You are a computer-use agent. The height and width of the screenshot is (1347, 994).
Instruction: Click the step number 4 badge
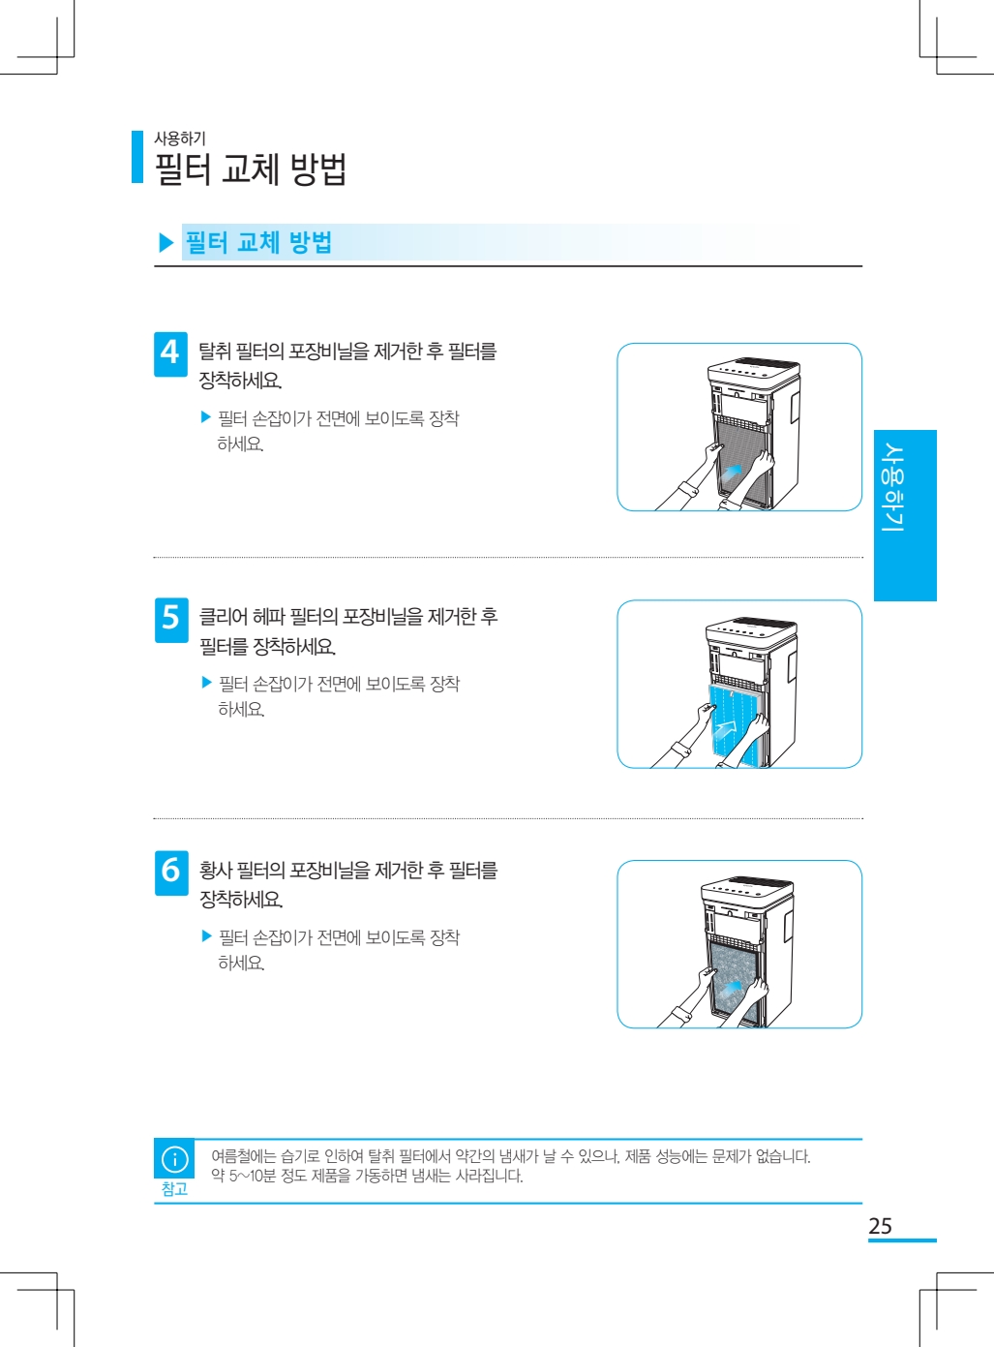pos(170,354)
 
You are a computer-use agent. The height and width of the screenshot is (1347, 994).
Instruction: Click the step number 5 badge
pos(171,620)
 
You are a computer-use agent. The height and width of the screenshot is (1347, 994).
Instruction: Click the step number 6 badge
pos(171,872)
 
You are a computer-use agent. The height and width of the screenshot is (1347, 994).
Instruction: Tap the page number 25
pos(880,1226)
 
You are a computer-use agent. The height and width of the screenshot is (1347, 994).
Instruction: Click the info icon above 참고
pos(174,1159)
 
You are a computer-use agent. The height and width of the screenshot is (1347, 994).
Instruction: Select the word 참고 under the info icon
pos(174,1188)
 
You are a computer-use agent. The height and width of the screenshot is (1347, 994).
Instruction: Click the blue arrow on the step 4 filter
pos(731,471)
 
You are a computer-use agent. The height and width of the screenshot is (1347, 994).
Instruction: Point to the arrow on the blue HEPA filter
pos(725,729)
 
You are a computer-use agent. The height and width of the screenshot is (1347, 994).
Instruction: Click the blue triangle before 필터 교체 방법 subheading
pos(166,243)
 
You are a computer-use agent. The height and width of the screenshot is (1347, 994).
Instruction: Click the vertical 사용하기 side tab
pos(905,515)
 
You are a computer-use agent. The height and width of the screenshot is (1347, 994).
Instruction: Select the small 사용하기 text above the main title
pos(180,138)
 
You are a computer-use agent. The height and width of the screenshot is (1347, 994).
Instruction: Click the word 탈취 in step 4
pos(214,351)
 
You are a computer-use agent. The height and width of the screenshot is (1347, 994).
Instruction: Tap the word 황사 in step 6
pos(215,871)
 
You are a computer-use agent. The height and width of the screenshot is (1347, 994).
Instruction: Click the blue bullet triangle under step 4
pos(206,417)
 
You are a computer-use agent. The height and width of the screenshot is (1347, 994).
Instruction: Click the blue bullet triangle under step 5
pos(206,683)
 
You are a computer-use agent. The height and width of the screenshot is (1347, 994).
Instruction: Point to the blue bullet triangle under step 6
pos(206,935)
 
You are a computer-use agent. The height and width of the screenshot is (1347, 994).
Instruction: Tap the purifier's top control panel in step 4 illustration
pos(754,370)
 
